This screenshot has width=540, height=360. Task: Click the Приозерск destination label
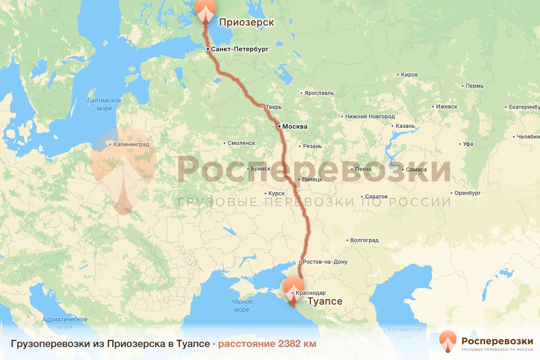(x=246, y=22)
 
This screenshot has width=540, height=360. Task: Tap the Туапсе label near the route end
(x=324, y=301)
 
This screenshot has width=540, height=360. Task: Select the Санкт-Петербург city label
(x=239, y=49)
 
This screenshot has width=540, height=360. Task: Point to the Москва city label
(x=294, y=127)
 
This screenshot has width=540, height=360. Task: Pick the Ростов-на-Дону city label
(x=325, y=262)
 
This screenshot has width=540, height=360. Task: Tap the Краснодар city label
(x=311, y=293)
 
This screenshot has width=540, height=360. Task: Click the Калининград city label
(x=131, y=145)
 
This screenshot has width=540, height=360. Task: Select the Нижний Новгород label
(x=370, y=117)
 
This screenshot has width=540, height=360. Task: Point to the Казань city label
(x=405, y=126)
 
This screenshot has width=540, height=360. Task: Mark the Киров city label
(x=409, y=74)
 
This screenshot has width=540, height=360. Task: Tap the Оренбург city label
(x=468, y=193)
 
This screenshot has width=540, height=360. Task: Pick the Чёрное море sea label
(x=242, y=306)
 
